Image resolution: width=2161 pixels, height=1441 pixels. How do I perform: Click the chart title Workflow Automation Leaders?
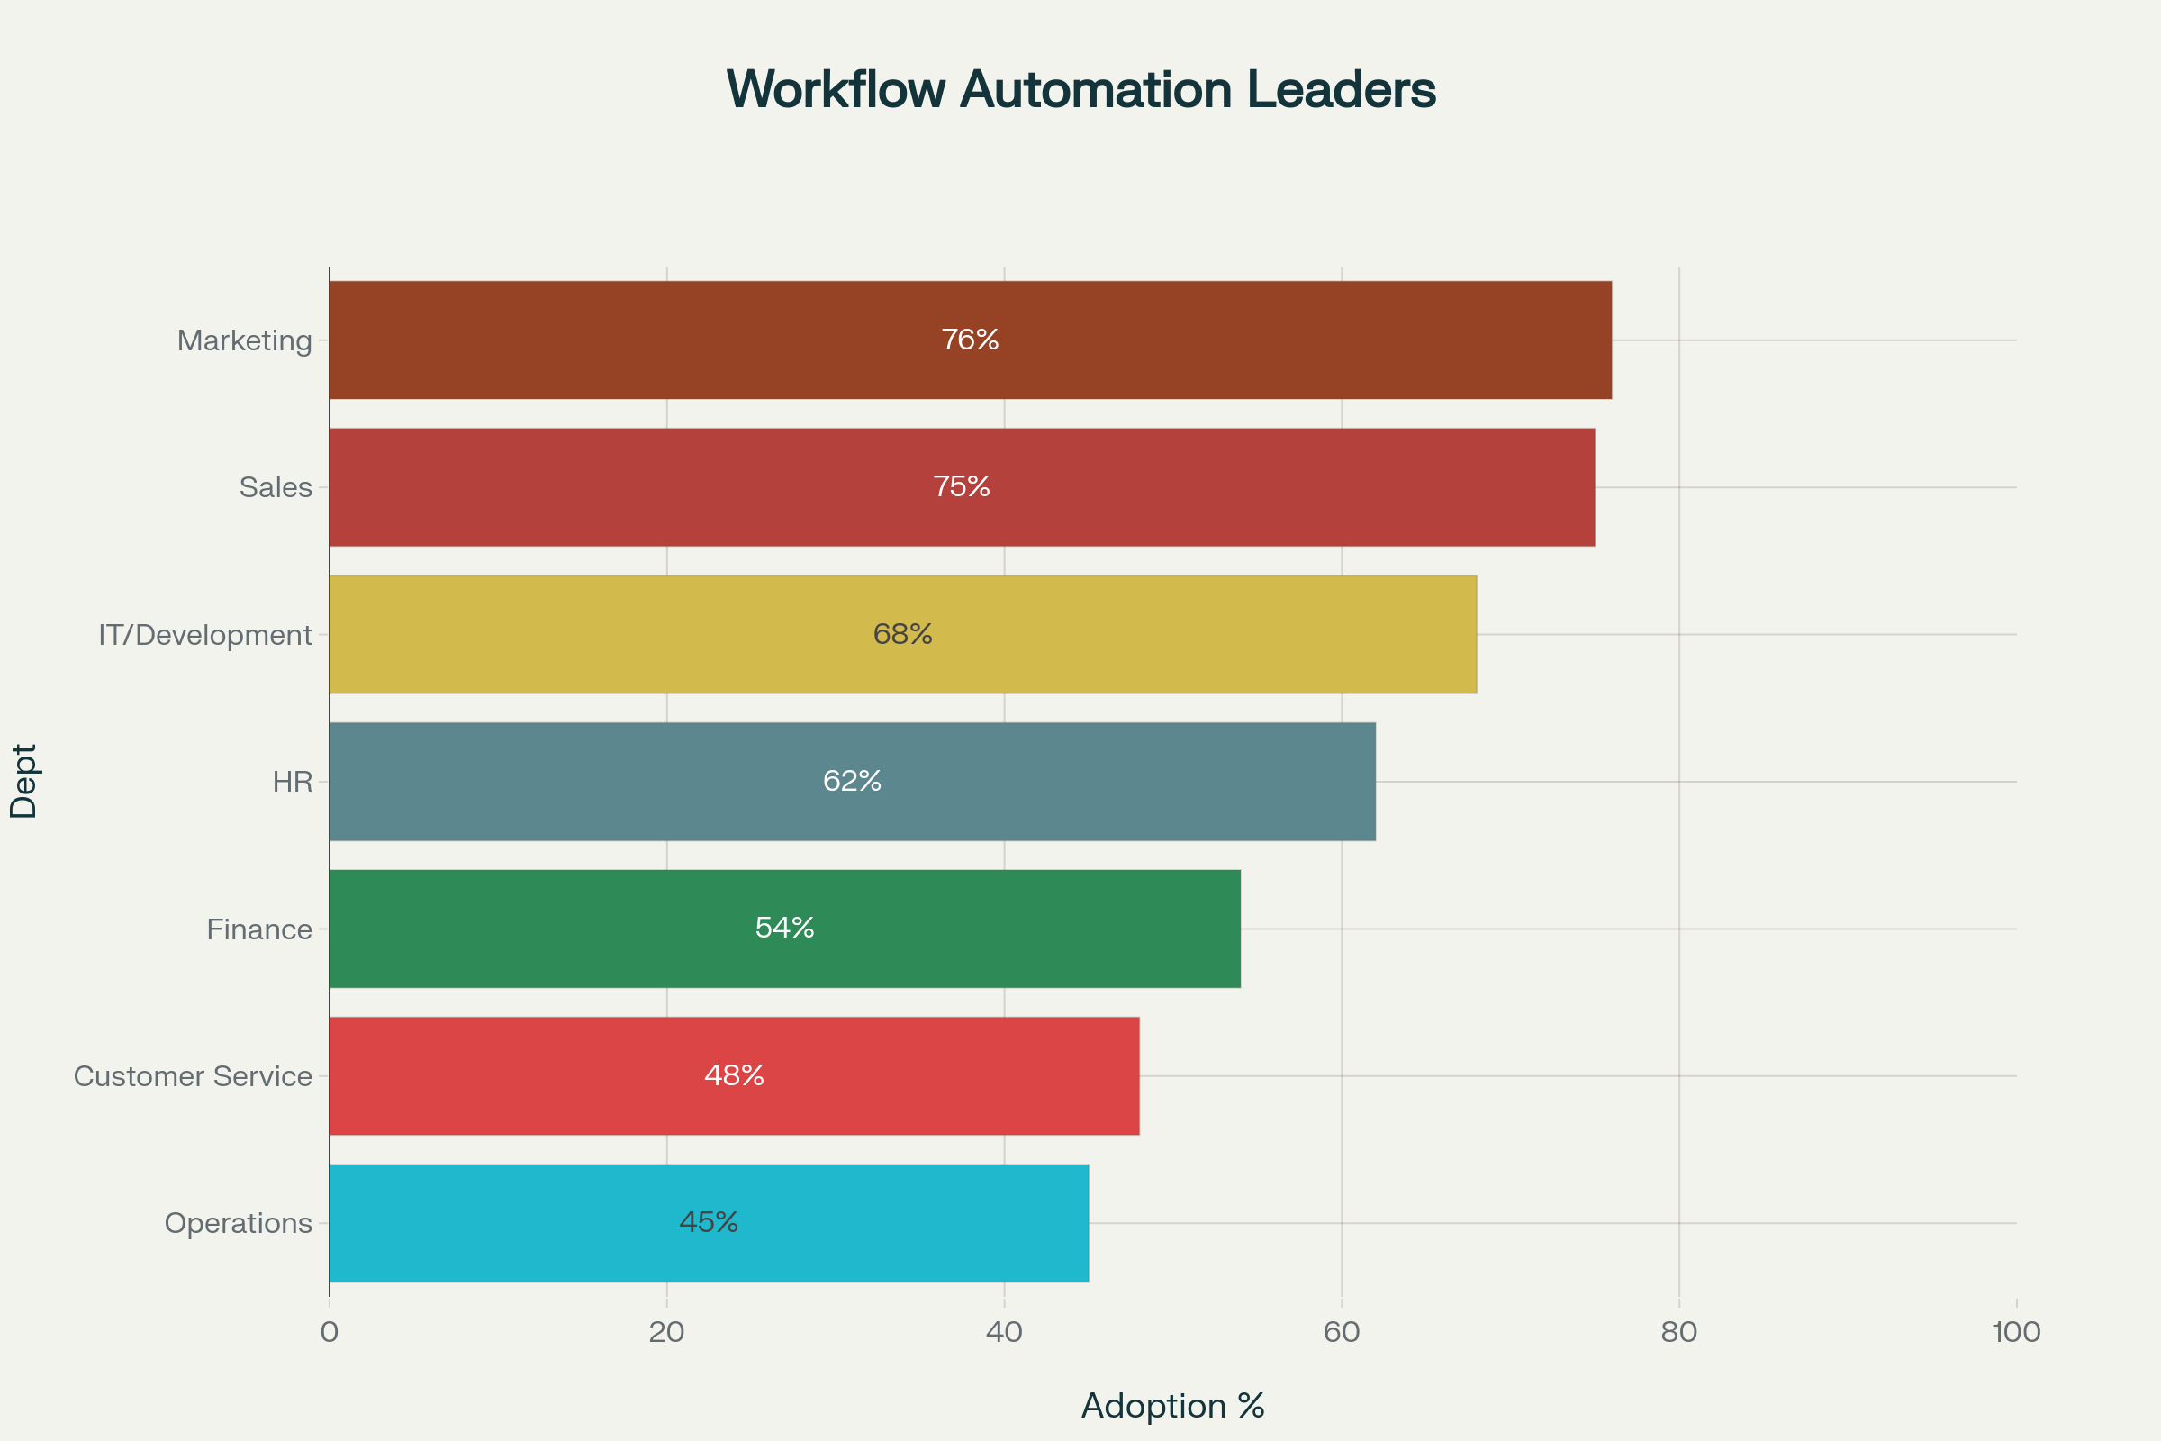pos(1080,90)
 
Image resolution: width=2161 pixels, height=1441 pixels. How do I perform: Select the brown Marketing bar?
pos(971,340)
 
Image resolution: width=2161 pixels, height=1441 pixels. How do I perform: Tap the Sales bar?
pos(962,487)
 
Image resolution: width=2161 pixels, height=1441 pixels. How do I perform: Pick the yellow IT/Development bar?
pos(903,634)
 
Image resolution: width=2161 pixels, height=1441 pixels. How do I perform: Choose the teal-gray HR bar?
pos(853,781)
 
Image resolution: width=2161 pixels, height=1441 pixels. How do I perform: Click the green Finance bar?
pos(784,929)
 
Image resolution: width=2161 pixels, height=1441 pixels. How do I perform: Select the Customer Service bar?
pos(734,1075)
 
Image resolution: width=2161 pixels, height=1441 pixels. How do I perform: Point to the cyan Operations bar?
pos(709,1223)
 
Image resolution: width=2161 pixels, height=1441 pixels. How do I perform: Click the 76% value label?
pos(971,340)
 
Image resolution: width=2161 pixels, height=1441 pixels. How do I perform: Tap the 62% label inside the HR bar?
pos(853,781)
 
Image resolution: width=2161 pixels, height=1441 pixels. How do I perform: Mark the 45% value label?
pos(709,1222)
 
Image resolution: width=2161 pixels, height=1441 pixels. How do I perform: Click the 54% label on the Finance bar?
pos(784,929)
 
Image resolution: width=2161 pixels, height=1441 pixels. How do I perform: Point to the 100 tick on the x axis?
pos(2017,1333)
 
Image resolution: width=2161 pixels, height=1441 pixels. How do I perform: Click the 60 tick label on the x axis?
pos(1342,1333)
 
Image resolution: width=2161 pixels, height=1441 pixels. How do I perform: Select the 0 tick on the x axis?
pos(329,1333)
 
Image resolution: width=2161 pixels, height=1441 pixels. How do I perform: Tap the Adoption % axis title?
pos(1172,1406)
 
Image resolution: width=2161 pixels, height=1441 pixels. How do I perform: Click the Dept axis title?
pos(24,781)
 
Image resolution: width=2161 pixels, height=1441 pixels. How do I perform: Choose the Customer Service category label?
pos(193,1076)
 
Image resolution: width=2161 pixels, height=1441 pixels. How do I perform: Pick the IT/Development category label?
pos(205,635)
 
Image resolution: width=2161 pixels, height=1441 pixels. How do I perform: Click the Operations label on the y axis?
pos(238,1223)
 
